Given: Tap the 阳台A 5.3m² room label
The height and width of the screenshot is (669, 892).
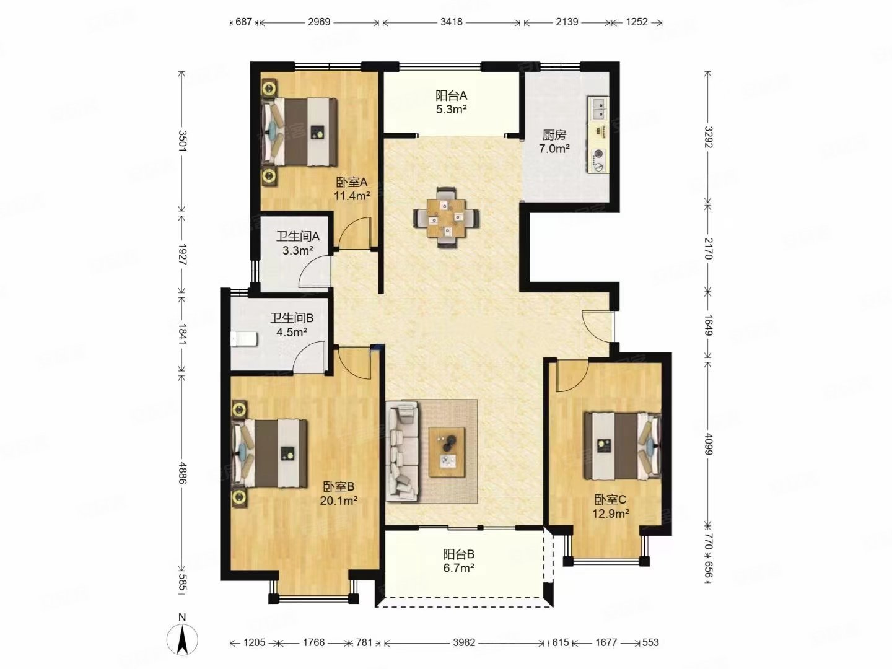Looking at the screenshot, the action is [x=451, y=102].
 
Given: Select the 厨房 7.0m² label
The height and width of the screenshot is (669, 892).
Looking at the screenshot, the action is [x=554, y=141].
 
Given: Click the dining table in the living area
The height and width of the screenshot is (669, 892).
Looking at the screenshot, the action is [x=446, y=217].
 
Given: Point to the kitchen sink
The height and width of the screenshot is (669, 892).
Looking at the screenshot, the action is [x=598, y=109].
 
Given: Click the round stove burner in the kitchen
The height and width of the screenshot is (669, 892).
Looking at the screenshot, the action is [x=598, y=154].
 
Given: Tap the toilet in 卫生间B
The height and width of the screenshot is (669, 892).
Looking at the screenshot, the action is [x=244, y=339].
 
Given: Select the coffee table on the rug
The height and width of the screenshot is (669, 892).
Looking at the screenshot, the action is [x=447, y=452].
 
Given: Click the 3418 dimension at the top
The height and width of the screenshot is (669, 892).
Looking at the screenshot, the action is [x=452, y=22].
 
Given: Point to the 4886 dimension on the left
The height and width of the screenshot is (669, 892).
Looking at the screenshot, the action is [x=181, y=473].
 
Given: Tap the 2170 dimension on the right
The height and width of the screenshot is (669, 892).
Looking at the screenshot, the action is [x=708, y=248].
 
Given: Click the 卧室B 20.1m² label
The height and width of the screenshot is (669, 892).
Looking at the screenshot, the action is [x=338, y=493].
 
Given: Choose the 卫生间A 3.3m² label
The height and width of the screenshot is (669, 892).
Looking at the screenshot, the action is [x=298, y=243].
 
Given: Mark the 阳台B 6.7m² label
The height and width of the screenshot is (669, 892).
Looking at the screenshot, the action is [x=458, y=561].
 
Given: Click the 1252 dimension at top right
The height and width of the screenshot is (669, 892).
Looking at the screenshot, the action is [x=636, y=22].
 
